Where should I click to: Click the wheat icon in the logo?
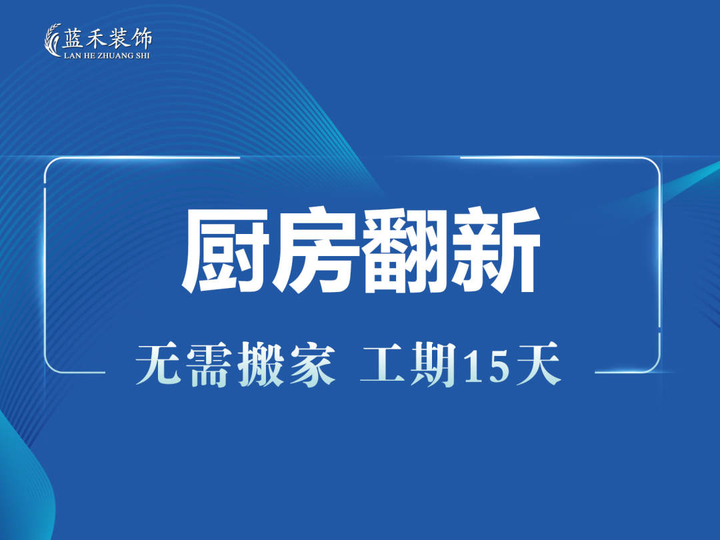pyautogui.click(x=53, y=40)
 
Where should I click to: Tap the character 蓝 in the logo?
pyautogui.click(x=73, y=38)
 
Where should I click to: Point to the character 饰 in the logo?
pyautogui.click(x=141, y=39)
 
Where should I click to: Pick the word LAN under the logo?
pyautogui.click(x=71, y=55)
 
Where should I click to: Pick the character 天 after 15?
pyautogui.click(x=539, y=365)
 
